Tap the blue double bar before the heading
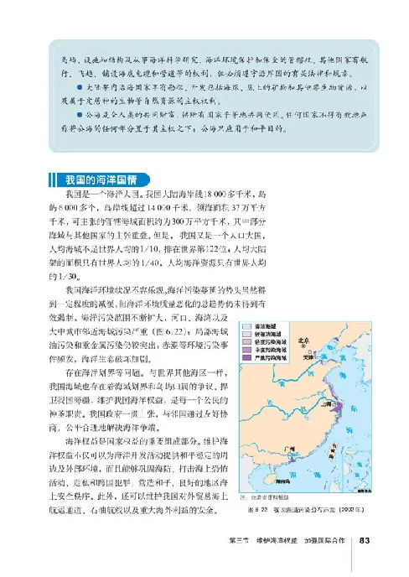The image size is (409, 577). coord(54,179)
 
